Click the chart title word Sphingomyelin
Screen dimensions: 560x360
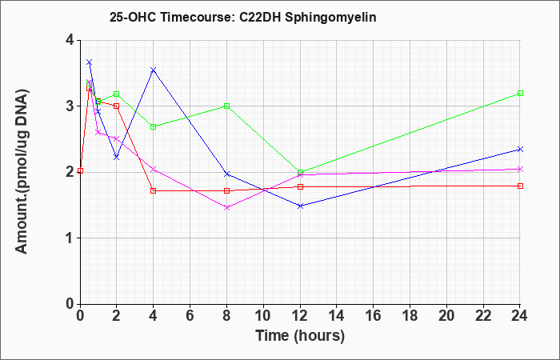pos(330,17)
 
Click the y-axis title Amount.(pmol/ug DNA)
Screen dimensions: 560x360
pos(22,171)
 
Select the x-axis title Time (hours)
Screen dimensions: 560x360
pos(300,336)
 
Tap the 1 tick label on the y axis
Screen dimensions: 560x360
pos(70,238)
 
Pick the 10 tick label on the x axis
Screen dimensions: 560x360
pos(263,315)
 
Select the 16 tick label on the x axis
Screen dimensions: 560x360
pos(374,315)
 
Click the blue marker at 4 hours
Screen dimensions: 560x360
pos(154,70)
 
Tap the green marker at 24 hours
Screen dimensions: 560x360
pos(520,94)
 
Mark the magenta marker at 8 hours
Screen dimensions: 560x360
pos(226,207)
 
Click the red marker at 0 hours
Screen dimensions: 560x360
pos(80,170)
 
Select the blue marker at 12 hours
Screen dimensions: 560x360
pos(300,206)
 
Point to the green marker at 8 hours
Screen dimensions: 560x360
pos(226,106)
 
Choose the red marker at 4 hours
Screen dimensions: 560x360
pos(154,190)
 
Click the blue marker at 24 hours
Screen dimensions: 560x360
pos(520,150)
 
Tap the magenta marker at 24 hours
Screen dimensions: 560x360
pos(520,169)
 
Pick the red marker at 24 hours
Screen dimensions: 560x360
pos(520,186)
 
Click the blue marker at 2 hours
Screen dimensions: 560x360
pos(117,157)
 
